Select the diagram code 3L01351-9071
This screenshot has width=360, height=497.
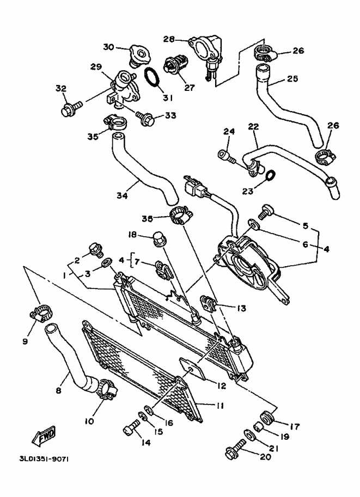coord(44,459)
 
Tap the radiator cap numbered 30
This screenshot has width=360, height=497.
coord(140,57)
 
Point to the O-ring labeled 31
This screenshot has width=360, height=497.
coord(152,76)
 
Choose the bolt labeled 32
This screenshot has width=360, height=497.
coord(71,108)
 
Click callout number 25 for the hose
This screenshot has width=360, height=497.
coord(292,78)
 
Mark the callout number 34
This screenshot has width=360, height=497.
coord(122,195)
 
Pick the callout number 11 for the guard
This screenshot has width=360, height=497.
coord(220,406)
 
